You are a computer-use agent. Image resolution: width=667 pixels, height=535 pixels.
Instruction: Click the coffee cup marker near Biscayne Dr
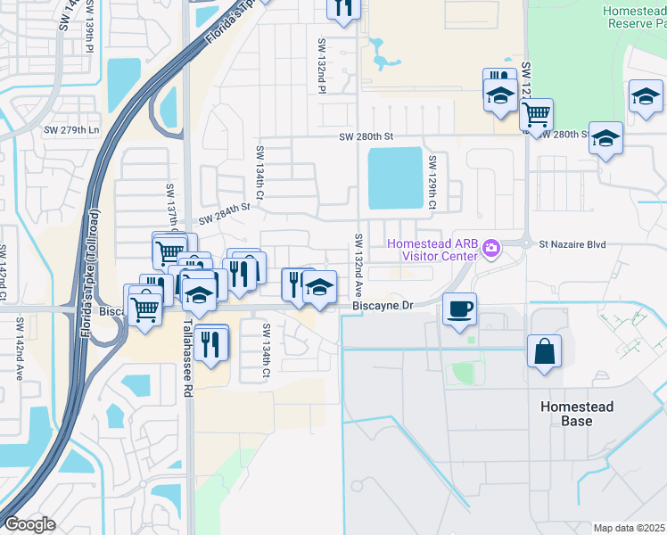459,309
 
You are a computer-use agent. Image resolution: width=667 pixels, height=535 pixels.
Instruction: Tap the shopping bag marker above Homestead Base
544,351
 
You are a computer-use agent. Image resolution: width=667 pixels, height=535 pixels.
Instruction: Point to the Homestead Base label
577,413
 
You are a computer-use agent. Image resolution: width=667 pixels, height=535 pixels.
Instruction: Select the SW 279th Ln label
71,130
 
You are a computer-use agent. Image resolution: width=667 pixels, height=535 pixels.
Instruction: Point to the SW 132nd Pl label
321,64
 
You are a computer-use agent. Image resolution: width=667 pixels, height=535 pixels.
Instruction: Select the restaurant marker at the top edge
343,8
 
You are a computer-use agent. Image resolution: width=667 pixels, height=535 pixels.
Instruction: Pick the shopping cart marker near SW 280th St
535,114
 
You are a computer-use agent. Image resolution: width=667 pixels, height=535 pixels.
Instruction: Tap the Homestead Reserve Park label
635,16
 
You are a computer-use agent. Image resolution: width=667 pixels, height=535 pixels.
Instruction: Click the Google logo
29,524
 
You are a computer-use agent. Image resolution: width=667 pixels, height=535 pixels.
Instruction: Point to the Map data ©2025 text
629,528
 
